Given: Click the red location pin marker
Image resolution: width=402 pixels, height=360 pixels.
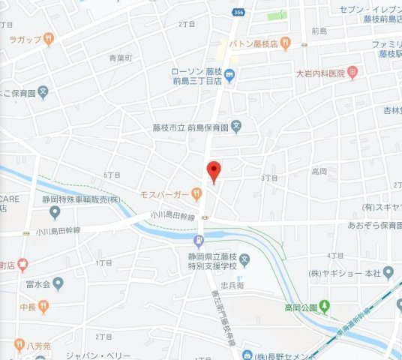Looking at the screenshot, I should click(x=213, y=170).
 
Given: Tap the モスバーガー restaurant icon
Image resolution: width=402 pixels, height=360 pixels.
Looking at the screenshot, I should click(x=196, y=193).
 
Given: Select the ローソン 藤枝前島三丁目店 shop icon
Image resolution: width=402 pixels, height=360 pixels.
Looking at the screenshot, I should click(x=229, y=73).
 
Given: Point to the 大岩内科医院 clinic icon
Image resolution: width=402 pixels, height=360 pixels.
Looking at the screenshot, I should click(x=353, y=73).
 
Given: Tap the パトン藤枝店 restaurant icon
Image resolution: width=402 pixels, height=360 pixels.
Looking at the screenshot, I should click(x=285, y=44).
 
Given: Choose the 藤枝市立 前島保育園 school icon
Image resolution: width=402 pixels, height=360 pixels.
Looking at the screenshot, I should click(x=236, y=127).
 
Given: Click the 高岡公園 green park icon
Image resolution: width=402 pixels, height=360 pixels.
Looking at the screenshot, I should click(x=324, y=306).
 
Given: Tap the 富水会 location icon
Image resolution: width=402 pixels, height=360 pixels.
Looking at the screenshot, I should click(x=58, y=283).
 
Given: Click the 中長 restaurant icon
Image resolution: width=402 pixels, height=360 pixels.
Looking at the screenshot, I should click(x=43, y=305).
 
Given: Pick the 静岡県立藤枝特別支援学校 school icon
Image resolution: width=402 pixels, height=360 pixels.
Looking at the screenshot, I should click(x=254, y=259).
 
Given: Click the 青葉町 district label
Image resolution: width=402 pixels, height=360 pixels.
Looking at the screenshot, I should click(x=119, y=57).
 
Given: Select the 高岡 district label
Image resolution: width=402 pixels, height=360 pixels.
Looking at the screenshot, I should click(x=318, y=171).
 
